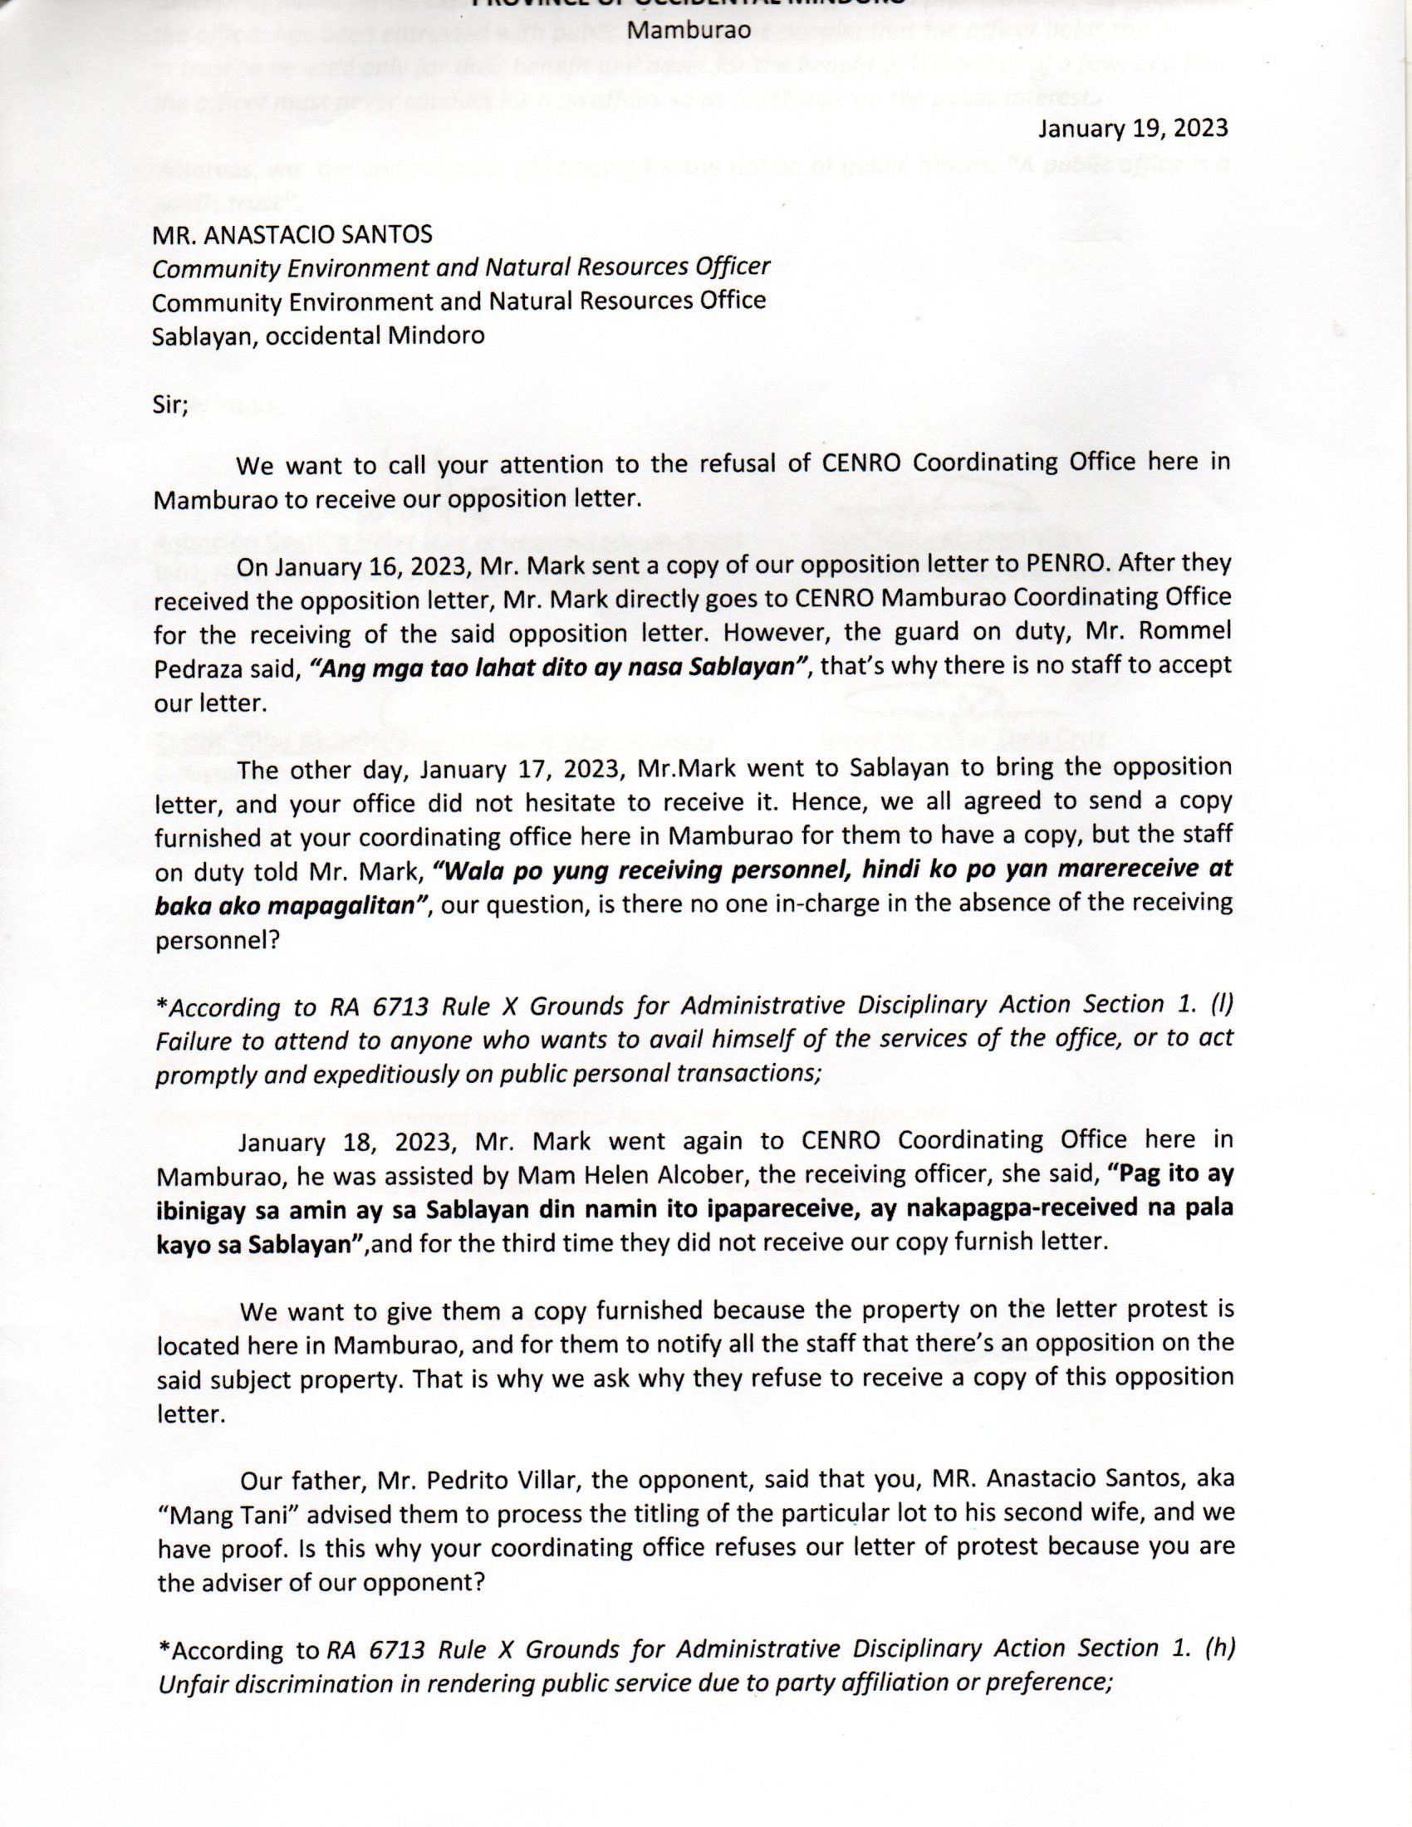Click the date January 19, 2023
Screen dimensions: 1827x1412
(x=1133, y=128)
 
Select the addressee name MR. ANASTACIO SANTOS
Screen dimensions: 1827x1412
(x=292, y=235)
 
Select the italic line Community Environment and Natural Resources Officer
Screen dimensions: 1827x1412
(x=460, y=267)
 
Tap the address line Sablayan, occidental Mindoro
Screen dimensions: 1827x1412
(x=318, y=336)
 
